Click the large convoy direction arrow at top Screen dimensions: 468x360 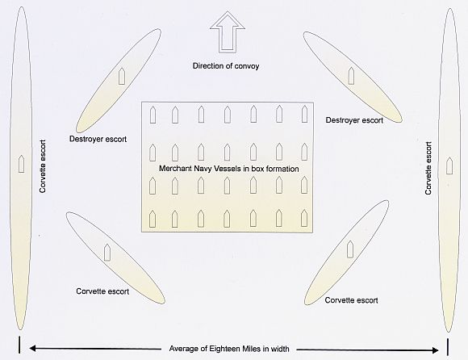click(x=228, y=32)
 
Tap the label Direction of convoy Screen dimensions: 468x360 click(x=226, y=65)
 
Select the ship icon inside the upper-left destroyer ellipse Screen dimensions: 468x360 click(x=122, y=76)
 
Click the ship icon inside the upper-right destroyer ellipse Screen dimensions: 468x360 click(x=351, y=76)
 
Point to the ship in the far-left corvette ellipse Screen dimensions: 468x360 click(x=21, y=164)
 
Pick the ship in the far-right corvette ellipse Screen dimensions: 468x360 click(x=449, y=165)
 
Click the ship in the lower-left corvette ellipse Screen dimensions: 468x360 click(x=107, y=252)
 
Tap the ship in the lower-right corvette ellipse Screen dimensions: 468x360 click(x=350, y=249)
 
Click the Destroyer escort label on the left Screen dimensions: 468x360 click(x=98, y=139)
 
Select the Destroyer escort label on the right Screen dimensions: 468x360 click(x=354, y=120)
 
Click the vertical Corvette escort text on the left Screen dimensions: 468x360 click(x=43, y=166)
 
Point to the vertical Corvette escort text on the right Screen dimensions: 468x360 click(x=428, y=168)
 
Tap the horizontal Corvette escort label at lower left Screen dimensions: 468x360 click(x=102, y=291)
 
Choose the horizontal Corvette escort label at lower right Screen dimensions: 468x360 click(x=351, y=300)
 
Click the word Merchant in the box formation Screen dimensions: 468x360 click(x=175, y=169)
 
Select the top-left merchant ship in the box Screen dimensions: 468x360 click(x=153, y=115)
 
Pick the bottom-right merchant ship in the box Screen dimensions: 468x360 click(x=304, y=218)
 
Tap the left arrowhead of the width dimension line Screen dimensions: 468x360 click(x=32, y=348)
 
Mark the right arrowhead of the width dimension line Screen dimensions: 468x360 click(x=436, y=350)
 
